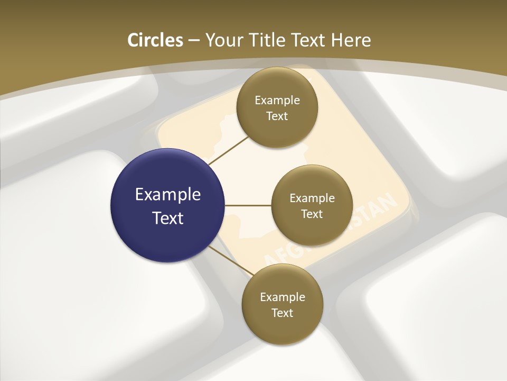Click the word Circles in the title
tap(155, 40)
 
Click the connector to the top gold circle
tap(228, 151)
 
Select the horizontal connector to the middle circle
tap(248, 205)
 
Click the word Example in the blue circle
tap(168, 195)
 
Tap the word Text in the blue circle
tap(168, 218)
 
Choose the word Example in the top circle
tap(277, 100)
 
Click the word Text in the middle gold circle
tap(312, 214)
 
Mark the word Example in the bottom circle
tap(283, 297)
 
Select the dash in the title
tap(194, 40)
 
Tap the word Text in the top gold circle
tap(277, 116)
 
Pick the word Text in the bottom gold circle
tap(282, 313)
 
